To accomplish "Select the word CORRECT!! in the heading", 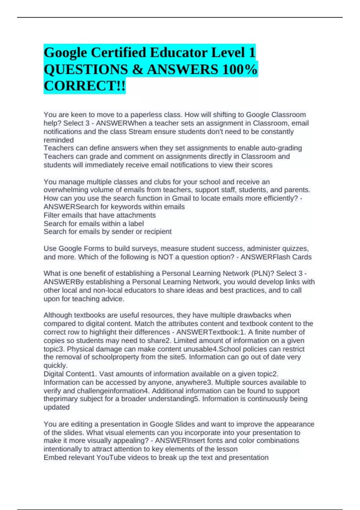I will pyautogui.click(x=84, y=86).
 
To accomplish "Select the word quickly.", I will pyautogui.click(x=55, y=365).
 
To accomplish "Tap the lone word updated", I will pyautogui.click(x=56, y=407).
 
